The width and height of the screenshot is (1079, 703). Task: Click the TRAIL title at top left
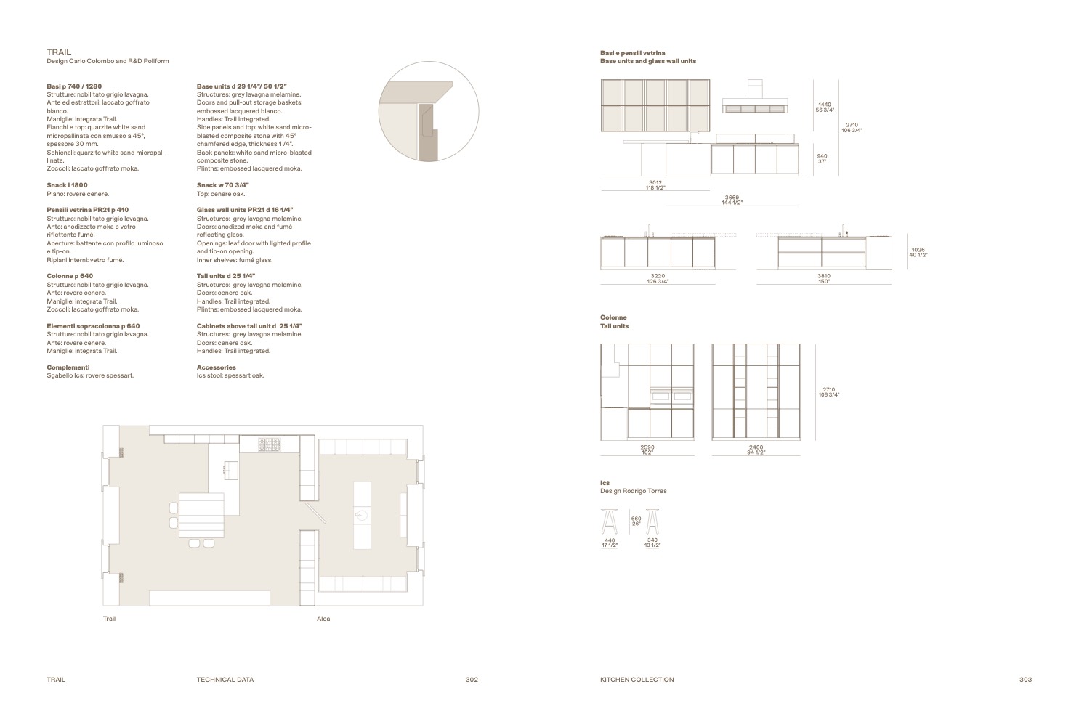tap(59, 52)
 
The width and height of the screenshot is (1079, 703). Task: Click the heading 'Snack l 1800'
tap(67, 185)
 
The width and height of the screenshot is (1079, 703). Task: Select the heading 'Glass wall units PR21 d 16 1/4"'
tap(245, 210)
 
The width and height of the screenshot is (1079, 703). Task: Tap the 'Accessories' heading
tap(216, 367)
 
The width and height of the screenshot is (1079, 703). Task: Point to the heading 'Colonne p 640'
tap(70, 276)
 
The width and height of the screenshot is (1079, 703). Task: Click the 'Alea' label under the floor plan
tap(323, 619)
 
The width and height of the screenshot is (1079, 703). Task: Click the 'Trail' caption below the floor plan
tap(109, 619)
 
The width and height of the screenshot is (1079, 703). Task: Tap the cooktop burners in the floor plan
tap(270, 444)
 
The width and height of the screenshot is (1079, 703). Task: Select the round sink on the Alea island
tap(362, 515)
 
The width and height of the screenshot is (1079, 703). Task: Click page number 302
tap(472, 680)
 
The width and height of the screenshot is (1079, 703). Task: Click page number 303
tap(1025, 680)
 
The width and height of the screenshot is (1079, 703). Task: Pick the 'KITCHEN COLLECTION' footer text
tap(637, 680)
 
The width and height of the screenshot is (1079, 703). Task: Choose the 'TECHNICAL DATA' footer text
tap(225, 680)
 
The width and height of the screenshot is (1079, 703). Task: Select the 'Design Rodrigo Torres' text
tap(634, 491)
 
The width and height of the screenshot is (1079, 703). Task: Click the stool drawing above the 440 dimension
tap(610, 521)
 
